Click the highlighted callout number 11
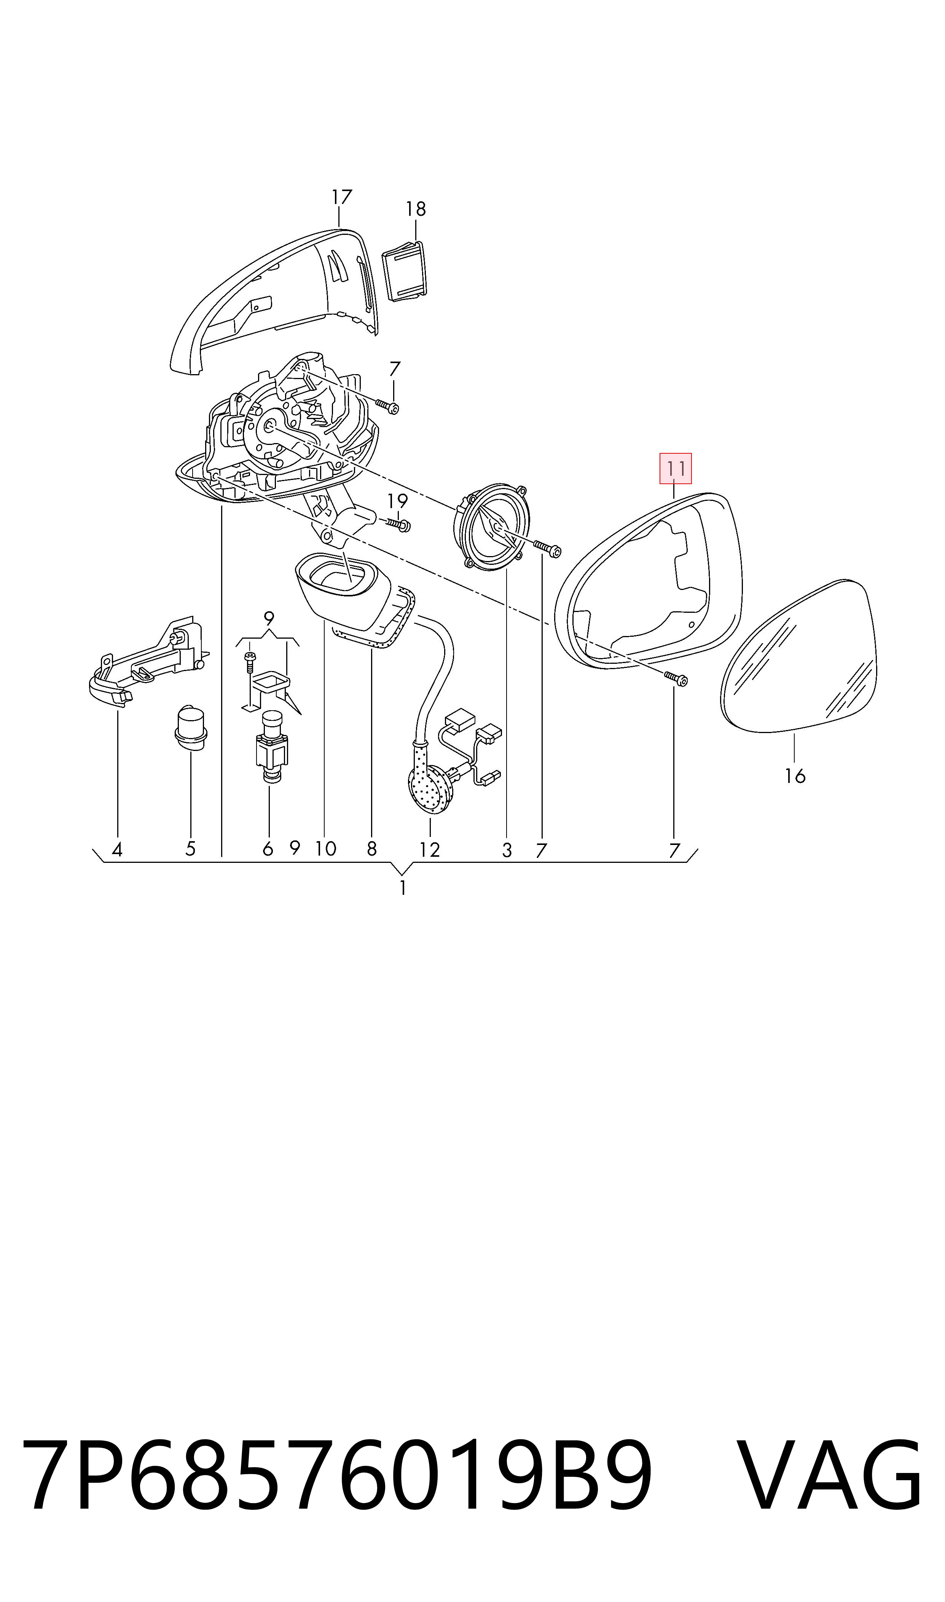click(x=675, y=469)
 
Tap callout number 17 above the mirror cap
click(x=342, y=198)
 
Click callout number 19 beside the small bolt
click(x=397, y=501)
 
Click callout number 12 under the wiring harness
click(x=430, y=850)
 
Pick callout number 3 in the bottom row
click(x=507, y=850)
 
